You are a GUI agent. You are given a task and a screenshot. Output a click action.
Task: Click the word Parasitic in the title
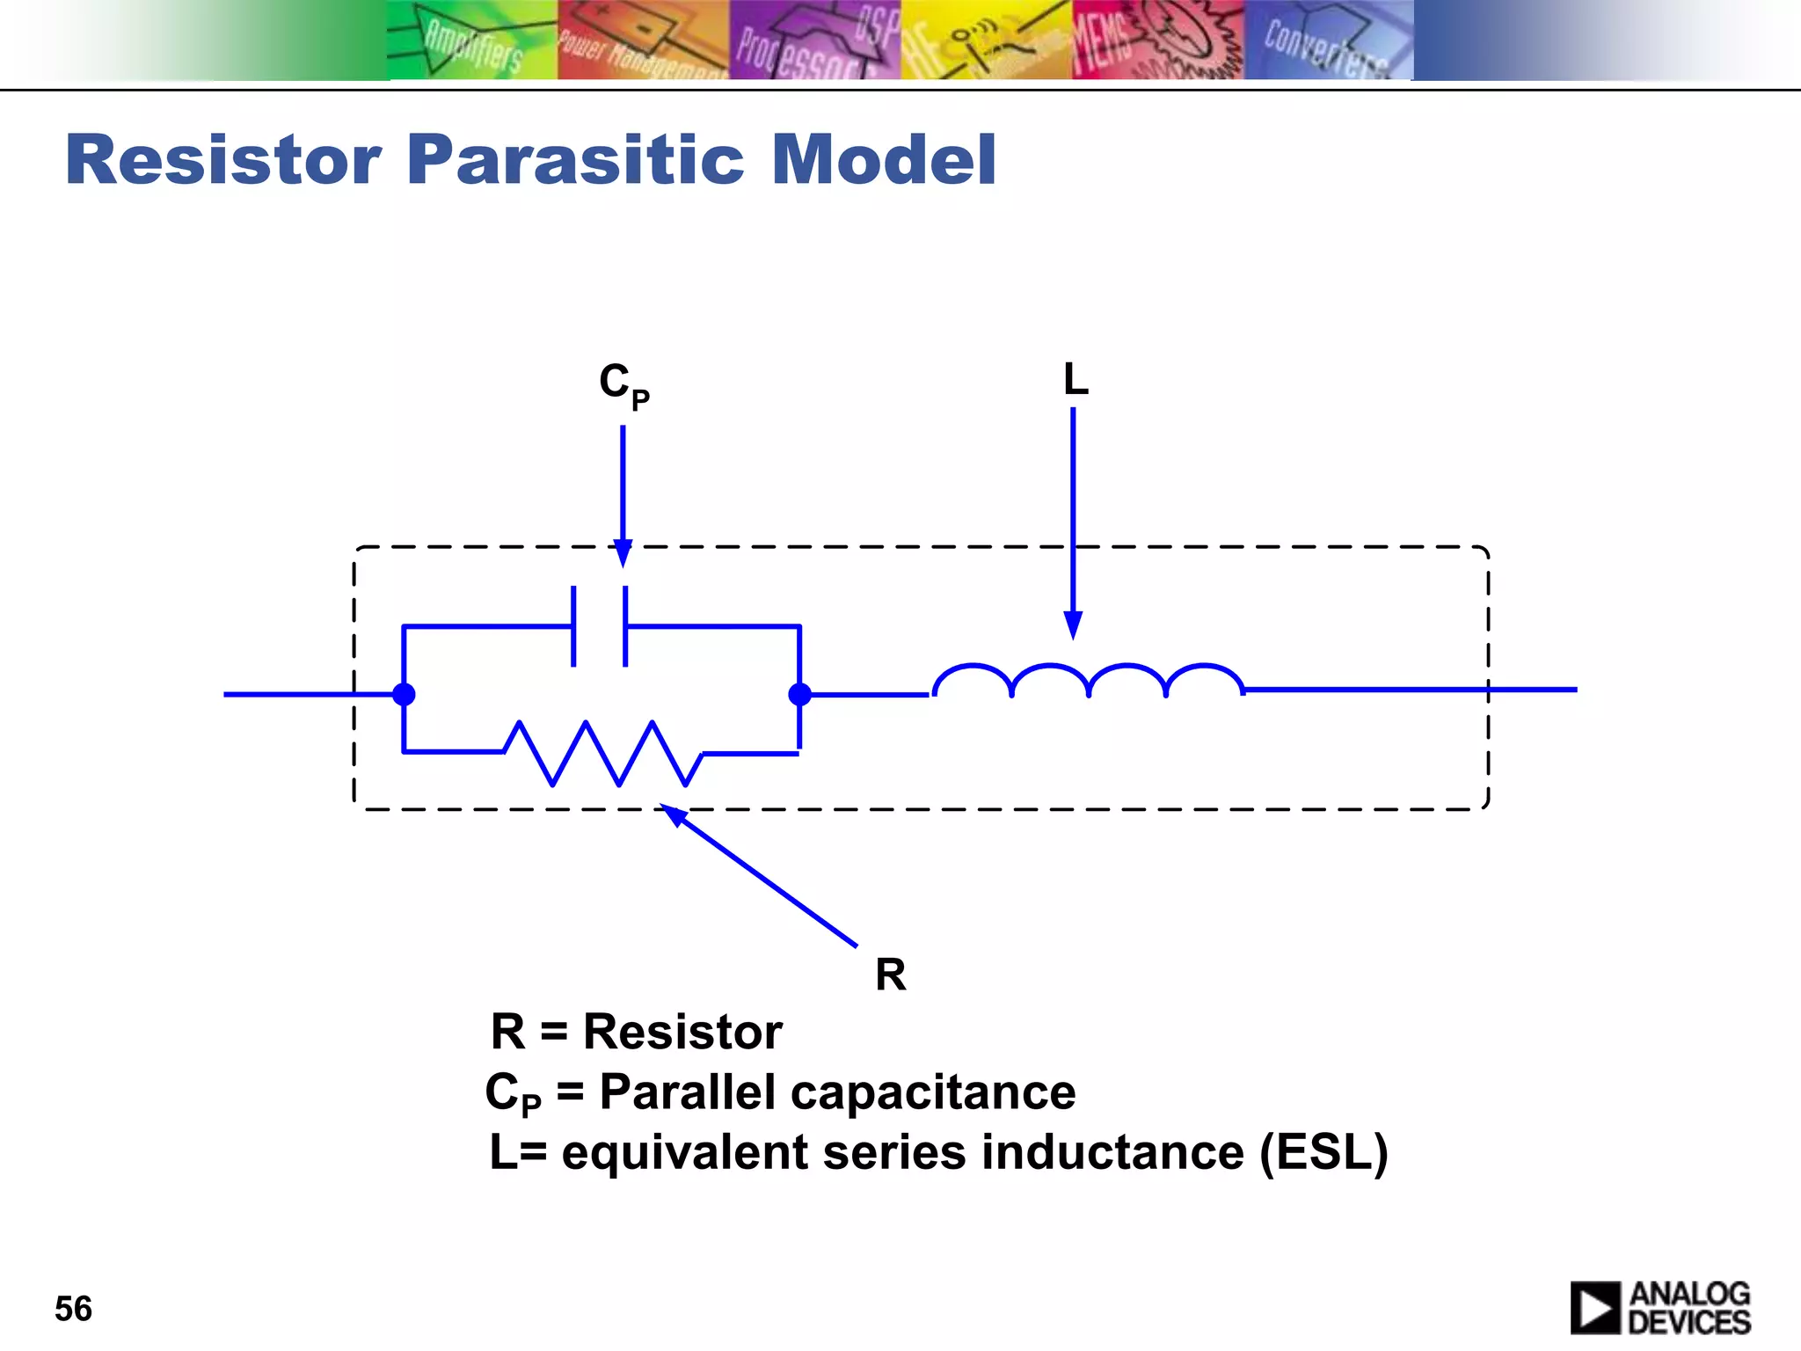point(576,160)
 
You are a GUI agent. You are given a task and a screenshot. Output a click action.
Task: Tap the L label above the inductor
point(1075,380)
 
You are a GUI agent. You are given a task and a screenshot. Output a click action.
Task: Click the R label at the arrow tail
point(890,975)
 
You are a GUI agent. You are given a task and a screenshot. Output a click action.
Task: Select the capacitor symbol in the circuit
point(600,626)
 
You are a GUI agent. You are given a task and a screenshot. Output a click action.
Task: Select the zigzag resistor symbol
point(603,753)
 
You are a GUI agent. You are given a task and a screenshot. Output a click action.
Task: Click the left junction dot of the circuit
point(404,695)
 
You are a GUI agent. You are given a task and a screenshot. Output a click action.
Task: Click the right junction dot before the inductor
point(799,695)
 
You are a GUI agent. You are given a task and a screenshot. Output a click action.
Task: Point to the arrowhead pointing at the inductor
point(1073,624)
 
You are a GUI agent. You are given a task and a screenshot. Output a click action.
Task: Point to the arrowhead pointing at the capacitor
point(623,554)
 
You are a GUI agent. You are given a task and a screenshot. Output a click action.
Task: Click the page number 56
point(73,1309)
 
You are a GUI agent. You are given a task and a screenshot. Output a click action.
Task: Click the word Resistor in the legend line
point(682,1032)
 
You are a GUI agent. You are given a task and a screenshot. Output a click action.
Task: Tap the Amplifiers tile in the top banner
point(472,40)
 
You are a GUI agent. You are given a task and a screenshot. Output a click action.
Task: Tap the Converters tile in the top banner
point(1328,40)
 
